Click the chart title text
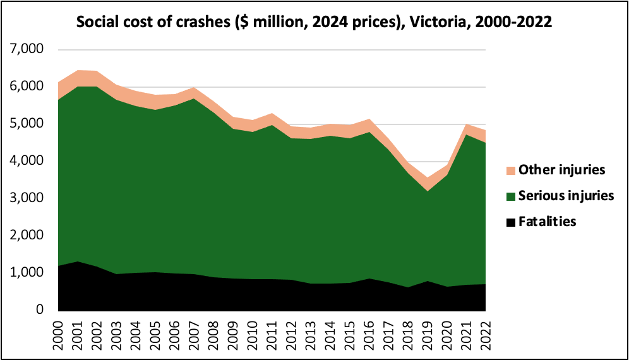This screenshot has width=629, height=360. pyautogui.click(x=314, y=22)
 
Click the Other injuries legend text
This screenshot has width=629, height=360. pyautogui.click(x=561, y=170)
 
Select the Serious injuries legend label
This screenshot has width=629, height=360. pyautogui.click(x=566, y=196)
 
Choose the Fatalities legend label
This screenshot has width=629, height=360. pyautogui.click(x=547, y=222)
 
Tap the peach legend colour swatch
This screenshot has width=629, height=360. pyautogui.click(x=510, y=171)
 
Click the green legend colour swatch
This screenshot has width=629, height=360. pyautogui.click(x=510, y=196)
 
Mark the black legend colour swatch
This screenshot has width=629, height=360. pyautogui.click(x=510, y=222)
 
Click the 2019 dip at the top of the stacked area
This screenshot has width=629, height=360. pyautogui.click(x=428, y=179)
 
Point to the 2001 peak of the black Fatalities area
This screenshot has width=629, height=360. pyautogui.click(x=78, y=261)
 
